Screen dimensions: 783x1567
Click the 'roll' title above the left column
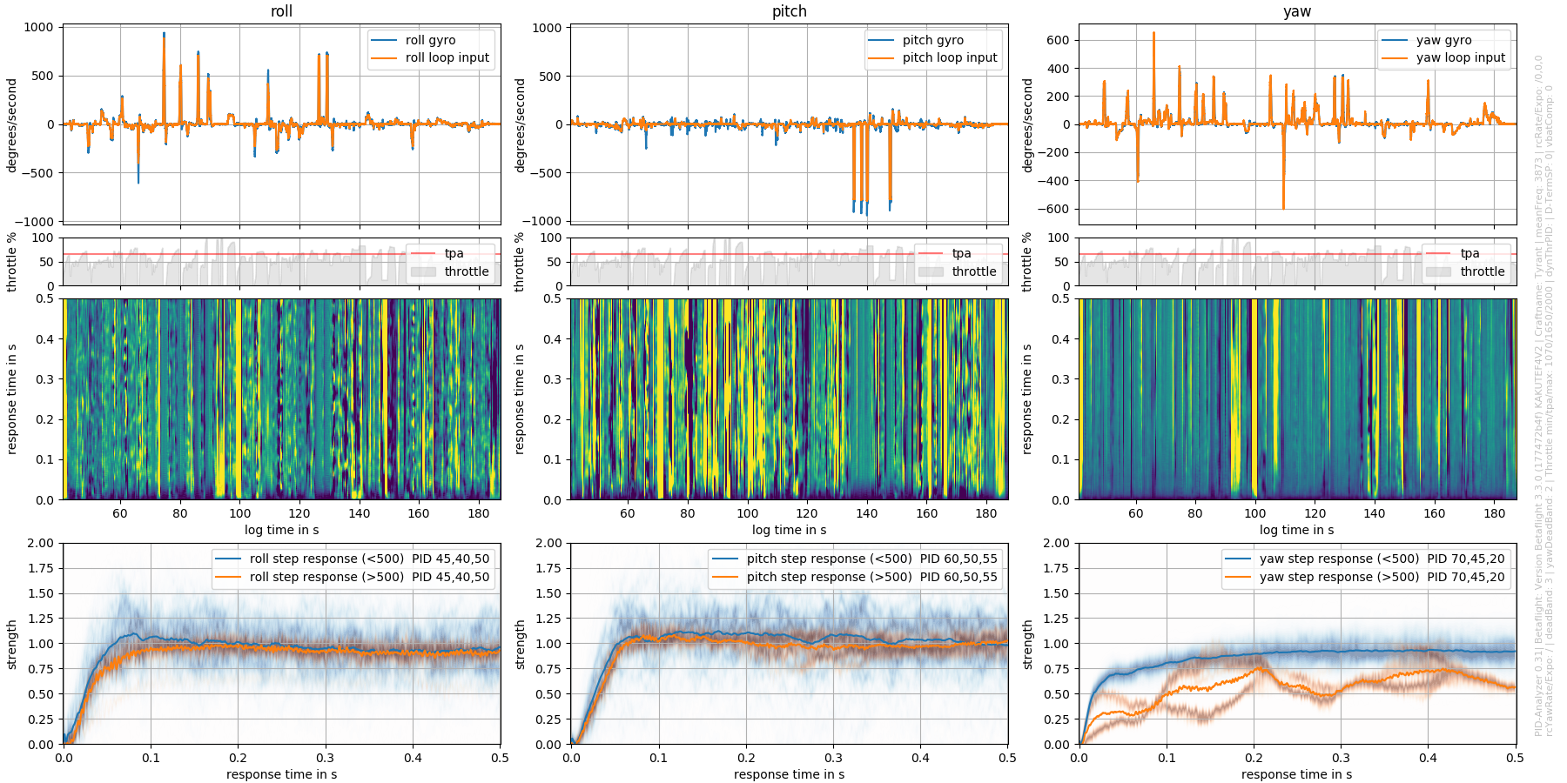[x=281, y=11]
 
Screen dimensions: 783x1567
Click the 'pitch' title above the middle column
[x=789, y=11]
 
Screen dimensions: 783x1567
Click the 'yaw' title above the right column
[x=1296, y=11]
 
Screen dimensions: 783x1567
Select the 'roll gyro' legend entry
[x=430, y=40]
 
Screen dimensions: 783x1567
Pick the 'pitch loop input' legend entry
[x=949, y=57]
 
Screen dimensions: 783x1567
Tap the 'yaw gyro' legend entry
[x=1443, y=40]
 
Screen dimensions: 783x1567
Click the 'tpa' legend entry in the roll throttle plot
[x=454, y=253]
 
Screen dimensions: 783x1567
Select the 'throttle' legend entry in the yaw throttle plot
[x=1482, y=271]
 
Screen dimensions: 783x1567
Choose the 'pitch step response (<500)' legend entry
[x=829, y=559]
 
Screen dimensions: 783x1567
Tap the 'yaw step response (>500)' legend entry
[x=1339, y=577]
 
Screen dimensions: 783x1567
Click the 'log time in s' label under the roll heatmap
[x=281, y=530]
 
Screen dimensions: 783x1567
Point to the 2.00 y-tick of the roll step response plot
[x=40, y=543]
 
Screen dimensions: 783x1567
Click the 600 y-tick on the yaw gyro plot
[x=1058, y=40]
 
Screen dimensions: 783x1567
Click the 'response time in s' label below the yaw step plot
[x=1296, y=774]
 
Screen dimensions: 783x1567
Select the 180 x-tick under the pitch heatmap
[x=985, y=513]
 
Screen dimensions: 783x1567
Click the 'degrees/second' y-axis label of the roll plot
[x=12, y=124]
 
